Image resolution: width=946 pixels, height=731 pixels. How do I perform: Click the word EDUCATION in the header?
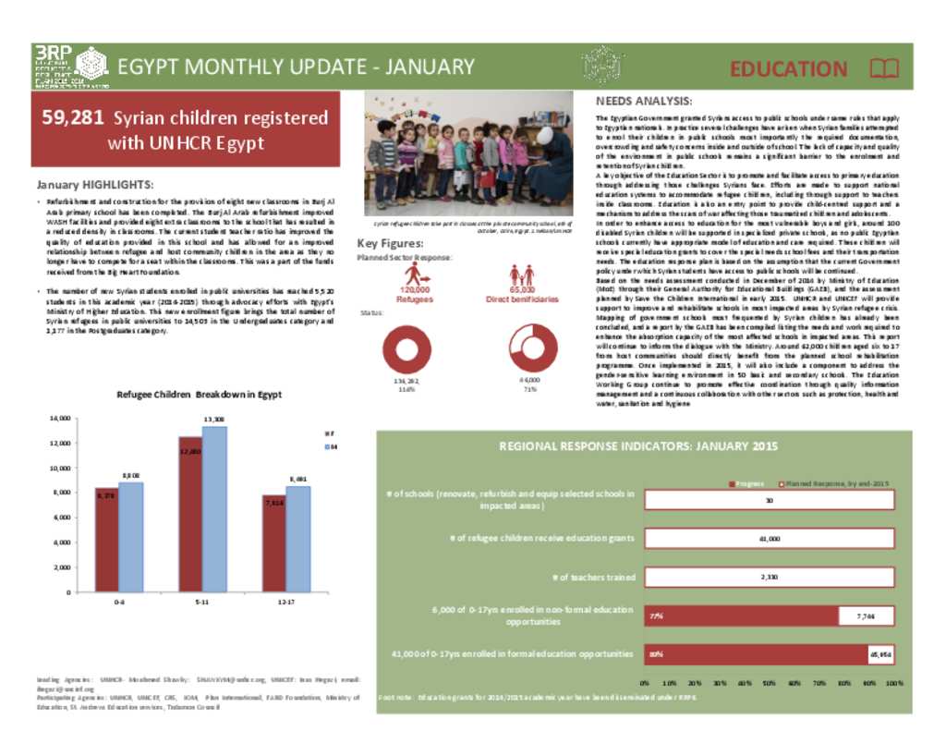click(788, 69)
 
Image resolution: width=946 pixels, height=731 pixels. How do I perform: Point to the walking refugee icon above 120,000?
click(418, 274)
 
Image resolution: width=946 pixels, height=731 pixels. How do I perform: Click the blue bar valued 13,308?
click(214, 509)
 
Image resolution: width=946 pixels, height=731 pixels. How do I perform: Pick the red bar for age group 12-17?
click(273, 543)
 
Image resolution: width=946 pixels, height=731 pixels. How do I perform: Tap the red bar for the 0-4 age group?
click(106, 540)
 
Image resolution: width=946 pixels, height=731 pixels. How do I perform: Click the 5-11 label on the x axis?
click(201, 602)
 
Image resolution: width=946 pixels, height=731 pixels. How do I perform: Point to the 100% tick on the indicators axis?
click(894, 684)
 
